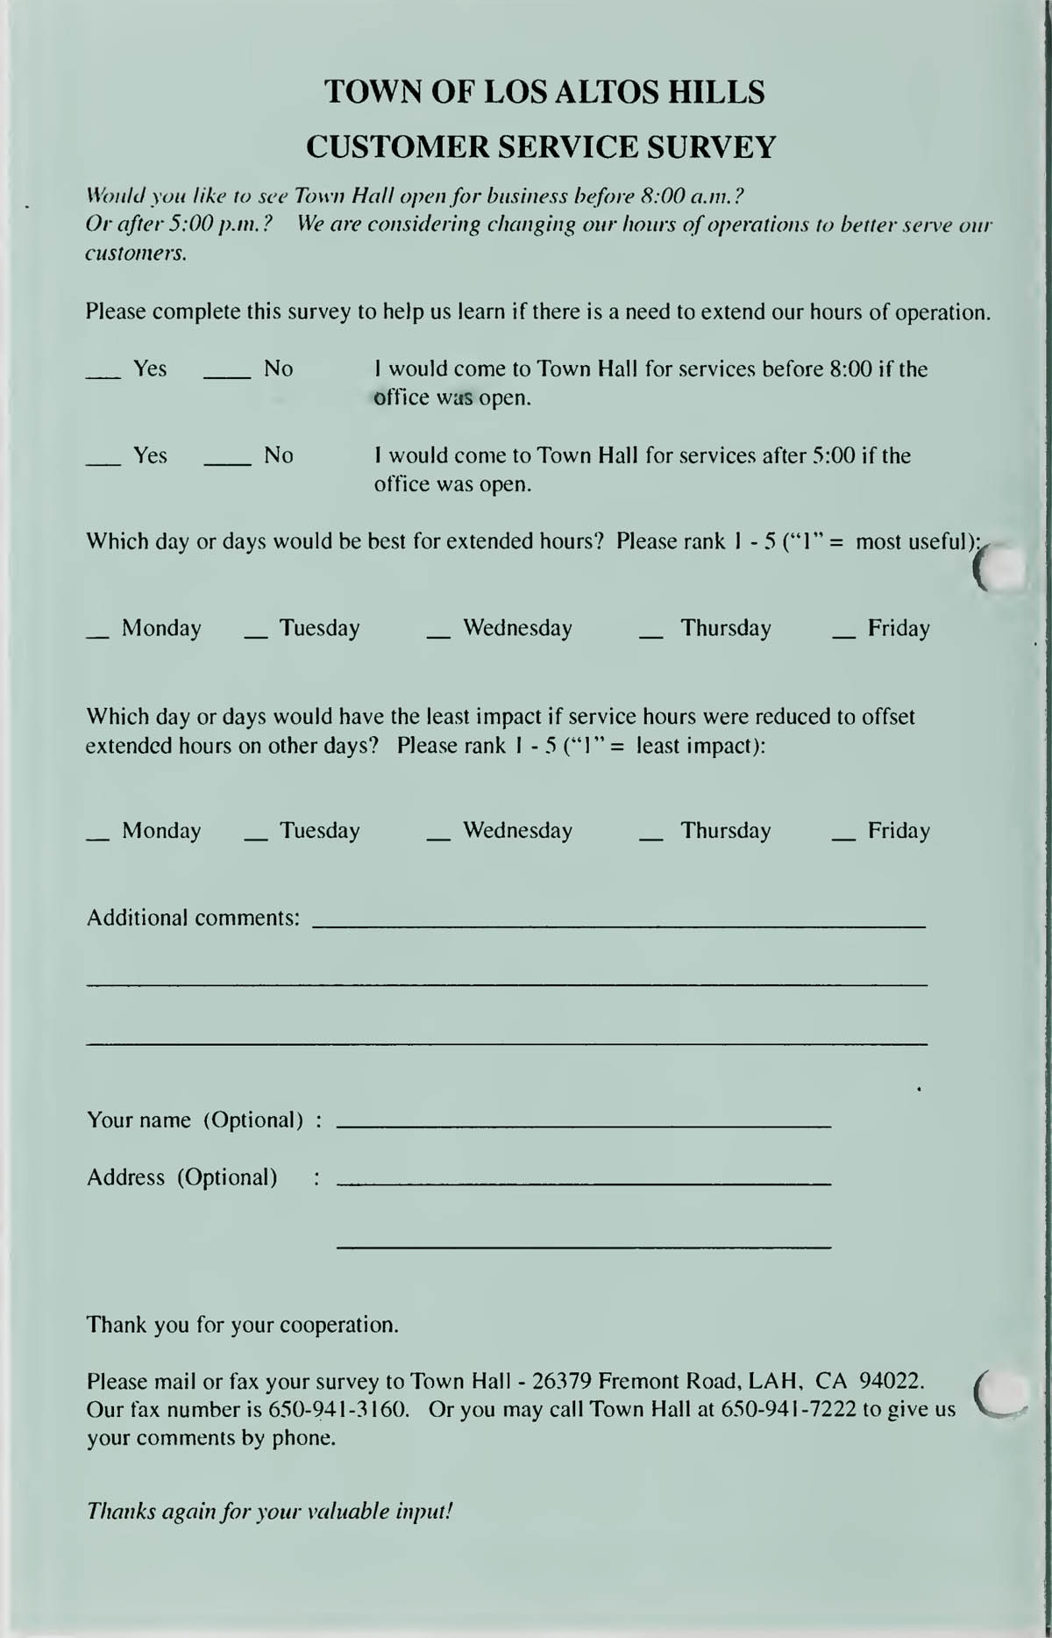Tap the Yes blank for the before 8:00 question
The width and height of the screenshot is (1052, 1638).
coord(103,376)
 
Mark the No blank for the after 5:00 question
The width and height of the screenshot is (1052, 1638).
coord(227,462)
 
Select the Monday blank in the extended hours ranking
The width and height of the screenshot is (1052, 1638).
coord(97,635)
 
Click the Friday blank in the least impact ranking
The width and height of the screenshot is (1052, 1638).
coord(843,838)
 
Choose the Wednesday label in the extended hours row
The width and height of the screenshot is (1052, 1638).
coord(517,628)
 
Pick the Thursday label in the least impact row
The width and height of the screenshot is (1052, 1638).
coord(725,831)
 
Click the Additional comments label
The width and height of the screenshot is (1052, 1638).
coord(193,918)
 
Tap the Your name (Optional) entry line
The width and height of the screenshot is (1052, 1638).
coord(583,1124)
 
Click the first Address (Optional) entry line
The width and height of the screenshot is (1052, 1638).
coord(583,1184)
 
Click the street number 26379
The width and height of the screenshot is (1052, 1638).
coord(561,1381)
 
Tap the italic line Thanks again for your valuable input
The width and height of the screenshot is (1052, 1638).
coord(269,1511)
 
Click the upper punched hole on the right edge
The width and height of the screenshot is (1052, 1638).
coord(1002,569)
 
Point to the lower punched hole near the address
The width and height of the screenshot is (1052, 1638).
coord(1002,1392)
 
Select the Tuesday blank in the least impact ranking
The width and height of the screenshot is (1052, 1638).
coord(255,838)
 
